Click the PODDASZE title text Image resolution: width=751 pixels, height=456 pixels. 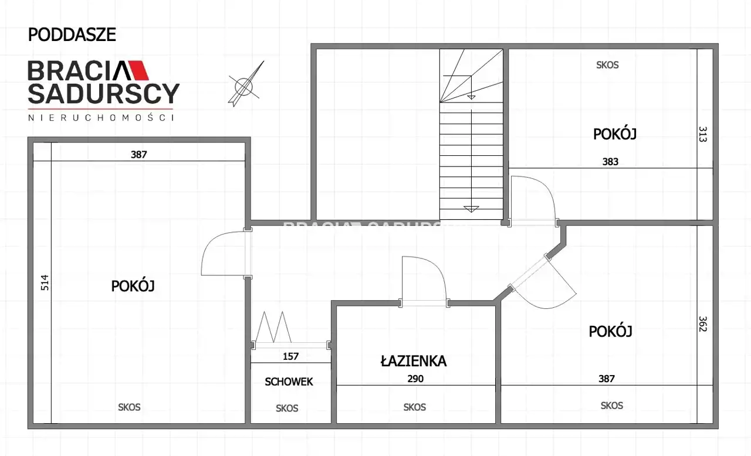point(72,35)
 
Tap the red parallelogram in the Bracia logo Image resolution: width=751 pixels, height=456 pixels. point(138,70)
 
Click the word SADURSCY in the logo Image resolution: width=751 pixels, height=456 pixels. point(104,93)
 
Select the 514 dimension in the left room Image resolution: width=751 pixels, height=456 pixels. point(45,283)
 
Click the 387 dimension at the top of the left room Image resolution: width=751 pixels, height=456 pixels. point(139,154)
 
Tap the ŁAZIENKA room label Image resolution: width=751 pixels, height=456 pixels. point(414,361)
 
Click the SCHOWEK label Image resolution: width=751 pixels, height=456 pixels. point(289,382)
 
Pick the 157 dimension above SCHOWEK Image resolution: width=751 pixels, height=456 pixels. point(290,356)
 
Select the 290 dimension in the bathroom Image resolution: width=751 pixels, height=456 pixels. point(415,379)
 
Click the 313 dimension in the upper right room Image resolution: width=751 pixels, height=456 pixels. point(702,134)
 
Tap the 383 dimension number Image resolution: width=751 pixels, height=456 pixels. point(610,162)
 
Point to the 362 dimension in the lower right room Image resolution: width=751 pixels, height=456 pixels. point(702,324)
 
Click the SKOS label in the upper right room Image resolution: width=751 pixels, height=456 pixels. point(607,65)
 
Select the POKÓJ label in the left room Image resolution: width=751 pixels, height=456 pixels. point(133,286)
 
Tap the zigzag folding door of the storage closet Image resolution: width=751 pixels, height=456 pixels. point(273,327)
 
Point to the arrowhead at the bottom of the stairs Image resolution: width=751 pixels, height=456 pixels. point(471,209)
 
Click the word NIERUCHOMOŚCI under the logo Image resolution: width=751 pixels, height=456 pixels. point(101,117)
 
